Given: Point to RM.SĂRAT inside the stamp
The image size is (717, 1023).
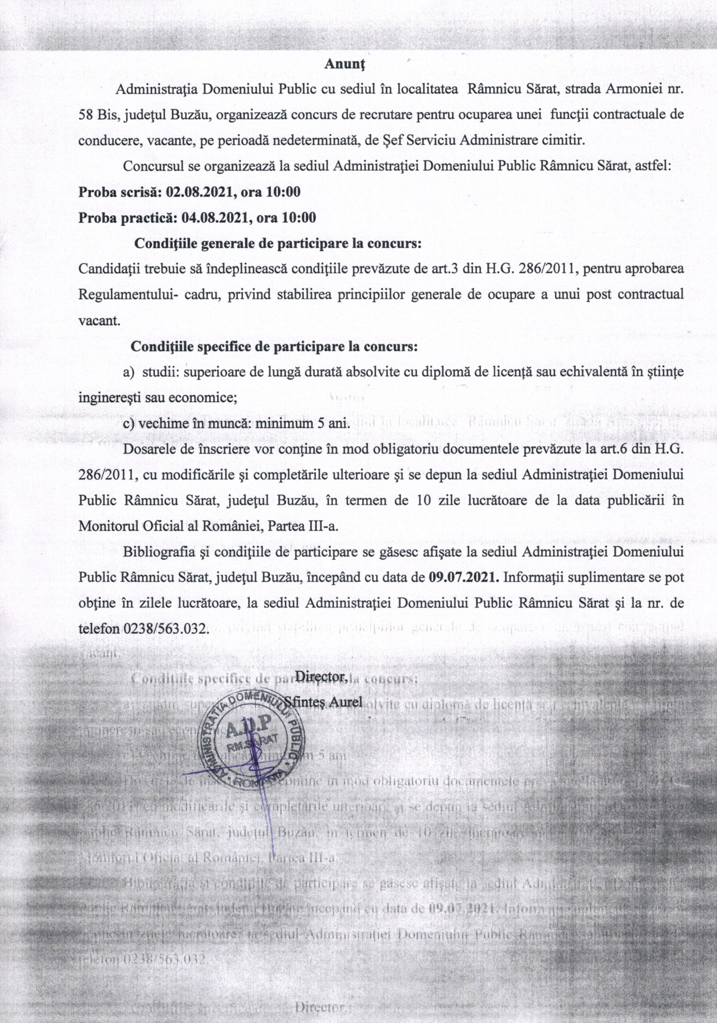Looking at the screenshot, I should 252,747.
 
